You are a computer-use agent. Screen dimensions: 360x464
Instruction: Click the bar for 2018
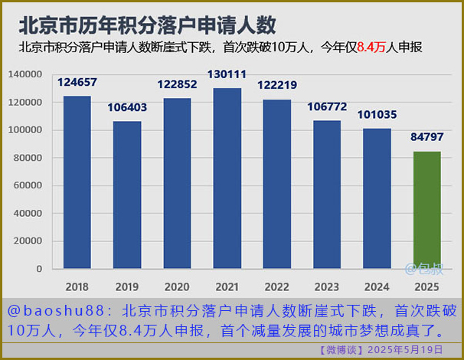77,182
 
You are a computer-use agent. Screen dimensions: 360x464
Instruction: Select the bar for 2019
127,195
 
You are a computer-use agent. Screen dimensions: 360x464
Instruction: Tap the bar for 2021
227,178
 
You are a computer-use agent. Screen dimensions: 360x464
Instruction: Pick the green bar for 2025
426,210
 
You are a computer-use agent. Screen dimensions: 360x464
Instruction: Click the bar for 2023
327,195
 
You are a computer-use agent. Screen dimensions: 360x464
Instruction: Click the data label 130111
227,74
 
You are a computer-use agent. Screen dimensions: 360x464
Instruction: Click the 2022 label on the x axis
277,287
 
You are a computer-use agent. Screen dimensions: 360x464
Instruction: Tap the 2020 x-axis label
177,287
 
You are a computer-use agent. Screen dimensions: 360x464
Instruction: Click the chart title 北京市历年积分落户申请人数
147,25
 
